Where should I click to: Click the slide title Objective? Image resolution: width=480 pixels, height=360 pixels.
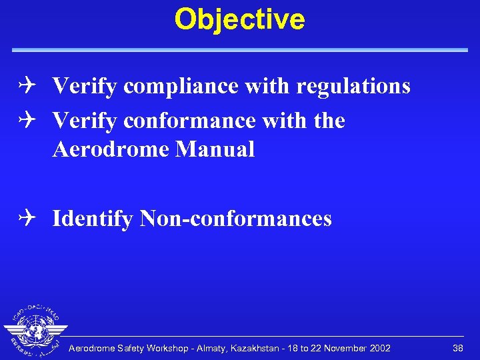pyautogui.click(x=239, y=19)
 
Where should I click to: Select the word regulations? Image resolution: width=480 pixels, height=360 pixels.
pyautogui.click(x=353, y=87)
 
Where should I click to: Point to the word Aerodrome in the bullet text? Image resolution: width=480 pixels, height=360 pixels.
pyautogui.click(x=110, y=149)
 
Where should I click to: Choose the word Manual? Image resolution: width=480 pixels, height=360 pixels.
pyautogui.click(x=215, y=149)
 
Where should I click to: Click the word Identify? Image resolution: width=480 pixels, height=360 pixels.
pyautogui.click(x=93, y=219)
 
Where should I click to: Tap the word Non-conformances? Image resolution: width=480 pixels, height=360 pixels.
pyautogui.click(x=235, y=219)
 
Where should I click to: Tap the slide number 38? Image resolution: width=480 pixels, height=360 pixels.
pyautogui.click(x=457, y=348)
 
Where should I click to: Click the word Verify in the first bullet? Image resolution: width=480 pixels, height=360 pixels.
pyautogui.click(x=85, y=87)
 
